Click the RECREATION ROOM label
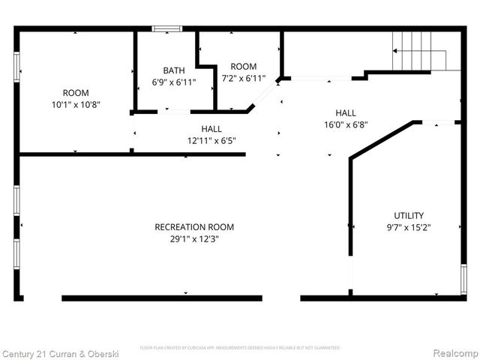193,227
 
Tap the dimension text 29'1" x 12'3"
193,239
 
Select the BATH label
174,70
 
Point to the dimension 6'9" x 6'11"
174,82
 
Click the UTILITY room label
409,215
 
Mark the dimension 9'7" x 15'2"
409,227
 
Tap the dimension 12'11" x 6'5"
211,140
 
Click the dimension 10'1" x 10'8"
75,105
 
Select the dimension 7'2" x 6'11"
243,78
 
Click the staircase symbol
419,50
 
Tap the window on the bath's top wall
167,29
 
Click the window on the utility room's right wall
463,279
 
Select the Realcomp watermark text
452,352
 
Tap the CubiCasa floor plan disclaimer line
240,348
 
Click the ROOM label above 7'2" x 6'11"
243,66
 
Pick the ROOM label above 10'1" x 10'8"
75,93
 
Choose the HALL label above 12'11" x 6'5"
211,128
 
